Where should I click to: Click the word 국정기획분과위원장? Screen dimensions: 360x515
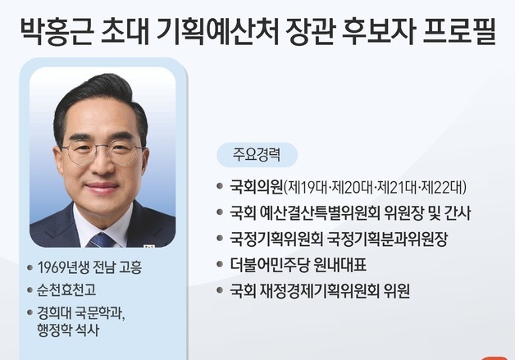(x=387, y=239)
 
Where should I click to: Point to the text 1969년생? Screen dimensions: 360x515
(x=65, y=267)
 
